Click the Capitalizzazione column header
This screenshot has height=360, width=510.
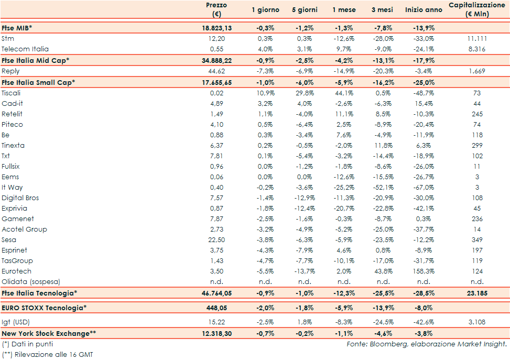476,9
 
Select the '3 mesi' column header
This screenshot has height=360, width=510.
382,10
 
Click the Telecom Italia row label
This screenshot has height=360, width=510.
25,49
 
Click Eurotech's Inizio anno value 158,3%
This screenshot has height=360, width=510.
422,271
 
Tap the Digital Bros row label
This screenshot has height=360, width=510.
20,198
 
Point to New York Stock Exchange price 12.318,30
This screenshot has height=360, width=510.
215,333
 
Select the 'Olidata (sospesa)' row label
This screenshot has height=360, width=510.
31,281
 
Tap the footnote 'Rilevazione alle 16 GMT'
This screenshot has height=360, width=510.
51,355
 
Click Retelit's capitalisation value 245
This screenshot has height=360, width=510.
476,114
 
